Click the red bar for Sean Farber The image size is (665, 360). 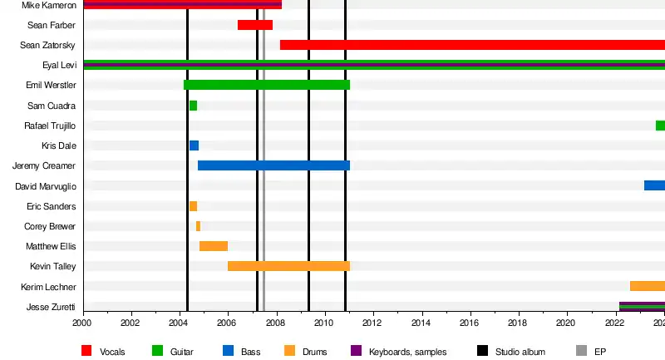pos(255,25)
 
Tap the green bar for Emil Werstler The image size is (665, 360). pos(266,85)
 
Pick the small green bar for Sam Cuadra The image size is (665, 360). pos(193,106)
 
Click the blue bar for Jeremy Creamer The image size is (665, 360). pos(273,165)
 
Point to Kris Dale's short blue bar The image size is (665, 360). pos(194,145)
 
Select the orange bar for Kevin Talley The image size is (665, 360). pos(288,266)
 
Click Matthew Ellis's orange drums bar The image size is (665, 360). pos(214,246)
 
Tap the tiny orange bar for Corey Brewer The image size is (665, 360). pos(198,226)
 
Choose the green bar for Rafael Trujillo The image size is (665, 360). pos(660,126)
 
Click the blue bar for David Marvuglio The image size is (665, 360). pos(654,185)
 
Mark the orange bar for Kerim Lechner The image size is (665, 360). pos(648,286)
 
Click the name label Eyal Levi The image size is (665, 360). pos(59,65)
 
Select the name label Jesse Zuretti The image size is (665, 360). pos(52,307)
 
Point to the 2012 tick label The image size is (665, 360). pos(372,323)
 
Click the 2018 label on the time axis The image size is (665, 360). pos(518,323)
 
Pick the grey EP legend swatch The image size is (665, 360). pos(581,352)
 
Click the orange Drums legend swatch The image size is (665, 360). pos(289,352)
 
